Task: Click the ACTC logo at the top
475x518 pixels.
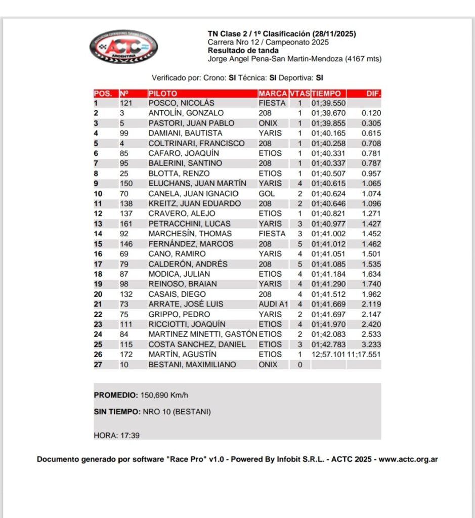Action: coord(123,47)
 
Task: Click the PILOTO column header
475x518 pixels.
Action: coord(163,94)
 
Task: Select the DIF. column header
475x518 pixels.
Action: coord(373,94)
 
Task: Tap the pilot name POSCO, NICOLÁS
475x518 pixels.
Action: coord(181,103)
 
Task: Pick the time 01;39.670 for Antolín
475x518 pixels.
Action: coord(329,113)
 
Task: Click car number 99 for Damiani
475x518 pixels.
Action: coord(124,133)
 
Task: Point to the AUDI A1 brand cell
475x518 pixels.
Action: coord(273,304)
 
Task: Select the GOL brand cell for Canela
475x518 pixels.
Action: coord(266,194)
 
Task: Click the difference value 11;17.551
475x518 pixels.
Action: coord(364,355)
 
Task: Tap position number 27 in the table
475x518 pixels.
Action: coord(98,365)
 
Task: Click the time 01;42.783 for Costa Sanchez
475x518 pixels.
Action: coord(329,344)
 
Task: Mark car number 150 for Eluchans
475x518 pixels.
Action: coord(126,184)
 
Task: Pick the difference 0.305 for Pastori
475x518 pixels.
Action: coord(371,123)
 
